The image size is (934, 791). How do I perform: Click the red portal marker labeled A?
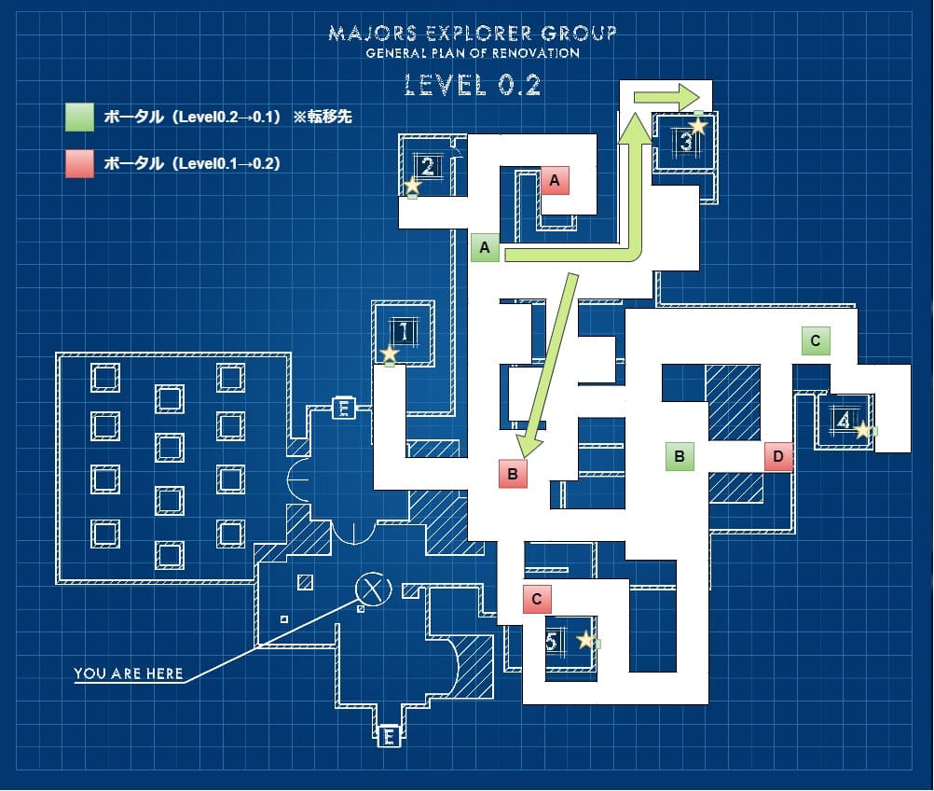tap(555, 181)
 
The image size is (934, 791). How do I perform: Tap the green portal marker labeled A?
tap(485, 247)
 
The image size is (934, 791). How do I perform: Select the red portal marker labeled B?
tap(513, 474)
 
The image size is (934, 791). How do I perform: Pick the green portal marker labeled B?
tap(680, 456)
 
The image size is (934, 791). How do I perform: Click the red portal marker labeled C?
tap(537, 598)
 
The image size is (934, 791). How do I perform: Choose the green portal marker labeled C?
tap(816, 340)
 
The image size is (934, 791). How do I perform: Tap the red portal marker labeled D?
tap(778, 456)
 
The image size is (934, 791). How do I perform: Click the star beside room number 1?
tap(390, 354)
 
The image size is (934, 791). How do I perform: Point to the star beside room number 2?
tap(412, 186)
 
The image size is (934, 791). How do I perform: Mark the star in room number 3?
tap(697, 125)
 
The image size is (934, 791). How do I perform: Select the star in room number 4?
tap(863, 430)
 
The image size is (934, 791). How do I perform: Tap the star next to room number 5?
tap(585, 640)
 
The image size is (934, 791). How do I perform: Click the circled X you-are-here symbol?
tap(374, 588)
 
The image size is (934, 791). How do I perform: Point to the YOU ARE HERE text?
tap(129, 673)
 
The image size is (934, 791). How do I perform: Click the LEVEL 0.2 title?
tap(473, 85)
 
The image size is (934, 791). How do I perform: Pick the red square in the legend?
tap(79, 163)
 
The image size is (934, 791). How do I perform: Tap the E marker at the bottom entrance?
tap(390, 738)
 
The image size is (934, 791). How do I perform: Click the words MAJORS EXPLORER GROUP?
tap(473, 35)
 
